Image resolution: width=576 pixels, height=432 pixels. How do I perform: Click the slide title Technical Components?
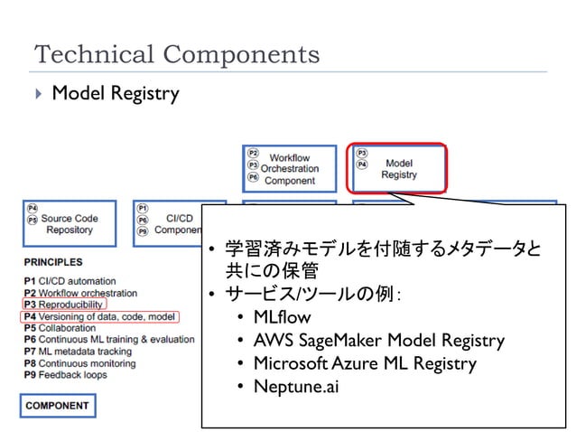point(177,54)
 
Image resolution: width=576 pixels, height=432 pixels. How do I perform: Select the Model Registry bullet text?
point(115,93)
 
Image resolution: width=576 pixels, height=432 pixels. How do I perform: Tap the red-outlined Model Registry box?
point(398,168)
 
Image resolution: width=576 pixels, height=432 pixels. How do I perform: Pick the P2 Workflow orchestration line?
point(80,293)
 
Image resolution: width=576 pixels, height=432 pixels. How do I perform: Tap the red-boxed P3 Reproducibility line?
point(63,305)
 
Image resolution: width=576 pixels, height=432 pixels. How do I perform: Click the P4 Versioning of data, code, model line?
point(99,316)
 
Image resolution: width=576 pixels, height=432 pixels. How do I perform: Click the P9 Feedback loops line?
point(65,374)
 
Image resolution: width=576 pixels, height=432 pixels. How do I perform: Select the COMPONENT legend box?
point(57,405)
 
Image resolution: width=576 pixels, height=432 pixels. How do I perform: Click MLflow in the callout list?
point(282,317)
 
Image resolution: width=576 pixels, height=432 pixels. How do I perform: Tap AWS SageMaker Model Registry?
point(378,341)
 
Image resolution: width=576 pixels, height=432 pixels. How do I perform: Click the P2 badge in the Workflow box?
point(254,154)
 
